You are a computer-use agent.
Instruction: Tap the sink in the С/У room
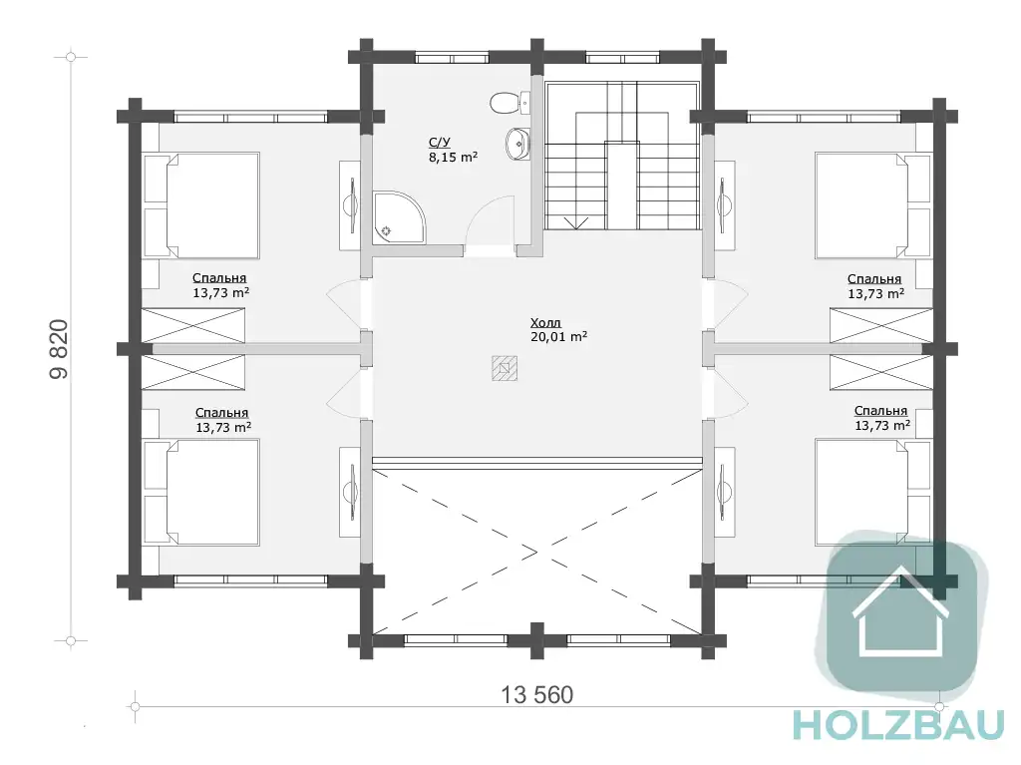(x=517, y=144)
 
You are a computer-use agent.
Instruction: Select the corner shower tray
(x=399, y=217)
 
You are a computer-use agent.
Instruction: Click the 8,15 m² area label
(x=454, y=158)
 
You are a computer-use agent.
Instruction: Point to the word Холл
(x=545, y=322)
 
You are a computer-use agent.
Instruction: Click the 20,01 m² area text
(x=558, y=337)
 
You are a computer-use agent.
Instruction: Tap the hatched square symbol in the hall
(x=505, y=367)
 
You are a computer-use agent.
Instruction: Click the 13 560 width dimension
(x=536, y=694)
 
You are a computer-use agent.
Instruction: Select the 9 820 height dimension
(x=59, y=349)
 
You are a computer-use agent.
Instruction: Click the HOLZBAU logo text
(x=898, y=726)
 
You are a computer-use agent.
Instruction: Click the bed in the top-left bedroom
(x=201, y=205)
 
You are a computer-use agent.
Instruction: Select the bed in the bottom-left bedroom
(x=201, y=492)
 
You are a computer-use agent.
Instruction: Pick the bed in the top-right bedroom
(x=873, y=205)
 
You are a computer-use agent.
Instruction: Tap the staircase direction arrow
(x=575, y=223)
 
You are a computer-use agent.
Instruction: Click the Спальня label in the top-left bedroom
(x=219, y=278)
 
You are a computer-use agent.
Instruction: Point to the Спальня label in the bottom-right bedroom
(x=880, y=411)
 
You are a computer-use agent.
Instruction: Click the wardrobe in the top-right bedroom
(x=881, y=325)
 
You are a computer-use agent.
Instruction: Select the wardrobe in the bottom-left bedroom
(x=193, y=372)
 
